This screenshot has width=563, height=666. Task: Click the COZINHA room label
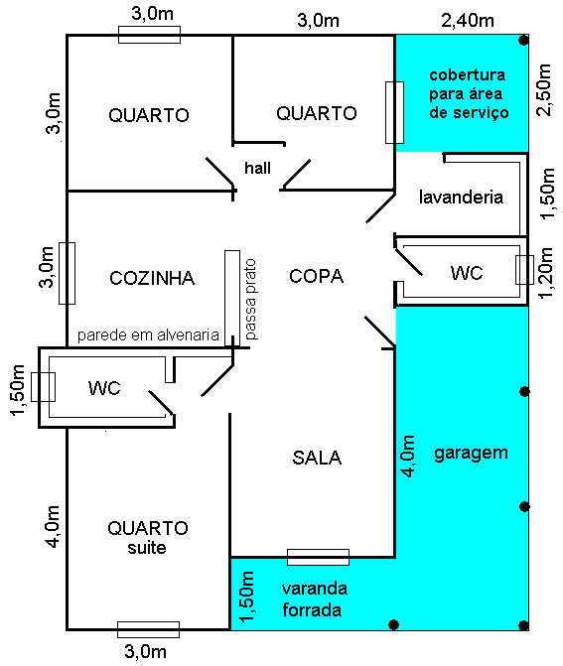pyautogui.click(x=153, y=278)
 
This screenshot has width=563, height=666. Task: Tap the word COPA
pyautogui.click(x=316, y=277)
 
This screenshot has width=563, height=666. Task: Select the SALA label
pyautogui.click(x=317, y=458)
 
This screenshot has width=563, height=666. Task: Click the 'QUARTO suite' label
pyautogui.click(x=148, y=536)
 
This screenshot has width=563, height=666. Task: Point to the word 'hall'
pyautogui.click(x=257, y=168)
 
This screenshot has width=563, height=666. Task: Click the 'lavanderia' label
pyautogui.click(x=462, y=197)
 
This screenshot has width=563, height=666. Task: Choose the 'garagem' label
pyautogui.click(x=471, y=453)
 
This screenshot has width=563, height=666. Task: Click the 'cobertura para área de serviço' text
pyautogui.click(x=468, y=94)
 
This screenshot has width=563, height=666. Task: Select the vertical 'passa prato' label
pyautogui.click(x=250, y=299)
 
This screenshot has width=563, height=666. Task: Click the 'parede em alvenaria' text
pyautogui.click(x=148, y=335)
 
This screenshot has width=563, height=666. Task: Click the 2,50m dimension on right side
pyautogui.click(x=544, y=92)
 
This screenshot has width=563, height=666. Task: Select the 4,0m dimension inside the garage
pyautogui.click(x=407, y=458)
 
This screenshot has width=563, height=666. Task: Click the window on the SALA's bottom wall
pyautogui.click(x=318, y=557)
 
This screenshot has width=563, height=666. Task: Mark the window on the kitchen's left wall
pyautogui.click(x=67, y=273)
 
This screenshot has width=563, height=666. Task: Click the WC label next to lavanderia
pyautogui.click(x=467, y=272)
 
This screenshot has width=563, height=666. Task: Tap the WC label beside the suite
pyautogui.click(x=104, y=387)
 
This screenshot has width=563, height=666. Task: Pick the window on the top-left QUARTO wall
pyautogui.click(x=149, y=35)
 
